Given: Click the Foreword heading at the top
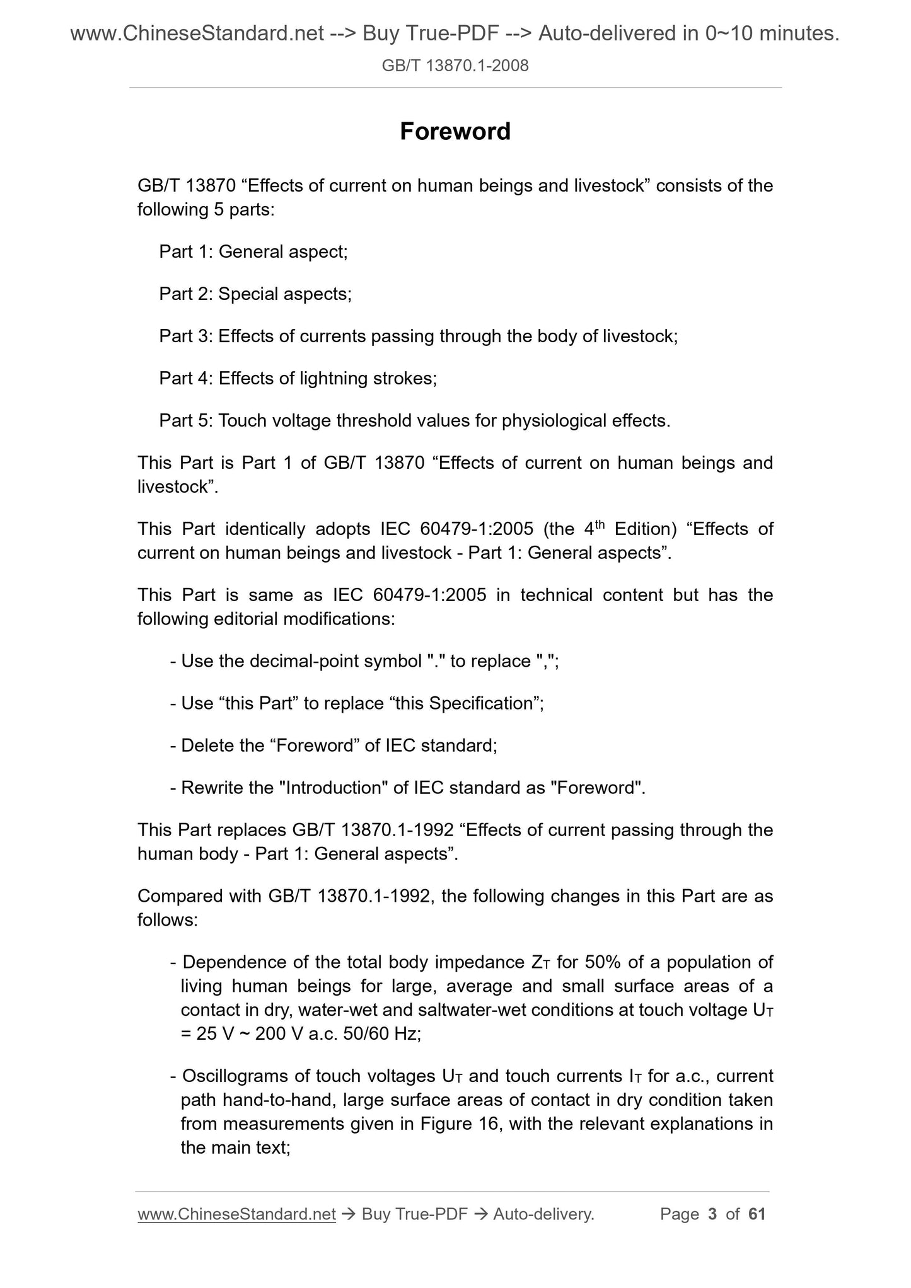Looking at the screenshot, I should click(x=455, y=132).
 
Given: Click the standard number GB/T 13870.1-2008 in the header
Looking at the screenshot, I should click(x=455, y=65).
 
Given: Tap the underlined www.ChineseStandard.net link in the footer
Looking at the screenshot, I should click(x=236, y=1214).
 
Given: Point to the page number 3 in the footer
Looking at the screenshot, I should click(x=713, y=1214).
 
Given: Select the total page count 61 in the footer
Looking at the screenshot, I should click(x=757, y=1214).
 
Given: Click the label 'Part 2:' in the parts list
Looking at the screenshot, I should click(x=186, y=294).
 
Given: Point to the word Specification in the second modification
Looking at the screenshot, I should click(x=482, y=704).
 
